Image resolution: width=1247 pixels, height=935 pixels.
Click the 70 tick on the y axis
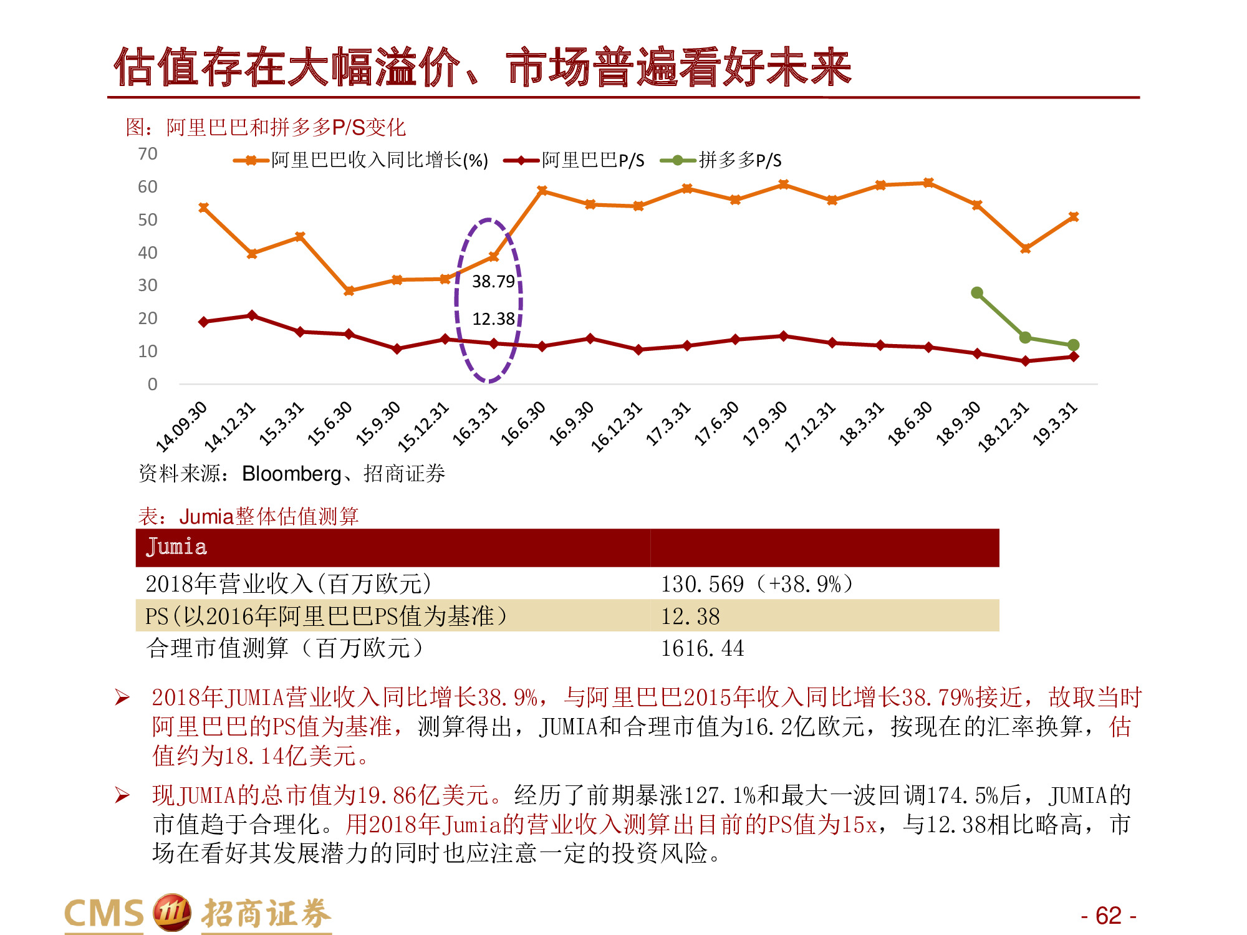click(x=148, y=154)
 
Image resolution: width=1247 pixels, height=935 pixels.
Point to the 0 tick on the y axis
click(x=152, y=384)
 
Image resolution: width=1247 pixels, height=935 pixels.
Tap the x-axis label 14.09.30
click(x=181, y=427)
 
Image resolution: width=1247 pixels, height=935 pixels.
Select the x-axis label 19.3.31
click(x=1055, y=424)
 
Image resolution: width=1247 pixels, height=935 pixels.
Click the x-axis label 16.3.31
click(x=475, y=424)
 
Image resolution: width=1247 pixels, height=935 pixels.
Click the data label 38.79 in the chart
click(x=493, y=282)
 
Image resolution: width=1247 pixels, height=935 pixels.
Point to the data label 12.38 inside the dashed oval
click(x=493, y=319)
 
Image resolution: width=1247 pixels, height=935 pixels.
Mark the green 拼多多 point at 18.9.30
click(x=977, y=293)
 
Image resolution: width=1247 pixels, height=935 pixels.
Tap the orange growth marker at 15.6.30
click(x=349, y=290)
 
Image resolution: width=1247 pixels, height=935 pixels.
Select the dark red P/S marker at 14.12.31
click(x=252, y=315)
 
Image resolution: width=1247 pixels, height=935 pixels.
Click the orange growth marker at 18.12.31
click(x=1025, y=249)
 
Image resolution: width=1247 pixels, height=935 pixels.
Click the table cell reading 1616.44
click(x=703, y=649)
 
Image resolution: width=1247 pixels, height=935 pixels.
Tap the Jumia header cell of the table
click(x=176, y=547)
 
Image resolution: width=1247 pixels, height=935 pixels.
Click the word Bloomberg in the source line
click(x=291, y=474)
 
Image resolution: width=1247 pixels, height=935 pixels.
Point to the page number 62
click(x=1108, y=916)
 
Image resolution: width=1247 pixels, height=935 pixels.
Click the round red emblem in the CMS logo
click(x=171, y=913)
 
